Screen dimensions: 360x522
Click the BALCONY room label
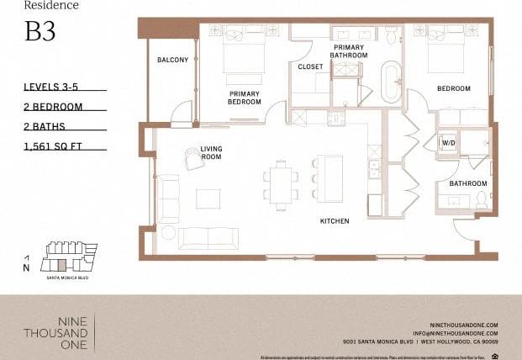point(172,60)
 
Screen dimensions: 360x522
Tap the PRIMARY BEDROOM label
point(244,98)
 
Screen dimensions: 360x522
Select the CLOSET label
point(310,66)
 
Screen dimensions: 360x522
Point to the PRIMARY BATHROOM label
point(349,50)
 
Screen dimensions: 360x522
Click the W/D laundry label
point(447,142)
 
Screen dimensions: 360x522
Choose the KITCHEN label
point(334,221)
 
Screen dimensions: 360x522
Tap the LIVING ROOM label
point(211,153)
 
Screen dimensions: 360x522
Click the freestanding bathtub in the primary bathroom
point(393,82)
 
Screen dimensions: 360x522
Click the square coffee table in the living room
point(208,199)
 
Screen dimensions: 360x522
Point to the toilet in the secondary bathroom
point(482,199)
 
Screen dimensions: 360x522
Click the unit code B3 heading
point(40,32)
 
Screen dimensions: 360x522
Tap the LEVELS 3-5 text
point(54,87)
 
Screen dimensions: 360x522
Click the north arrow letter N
point(27,267)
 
